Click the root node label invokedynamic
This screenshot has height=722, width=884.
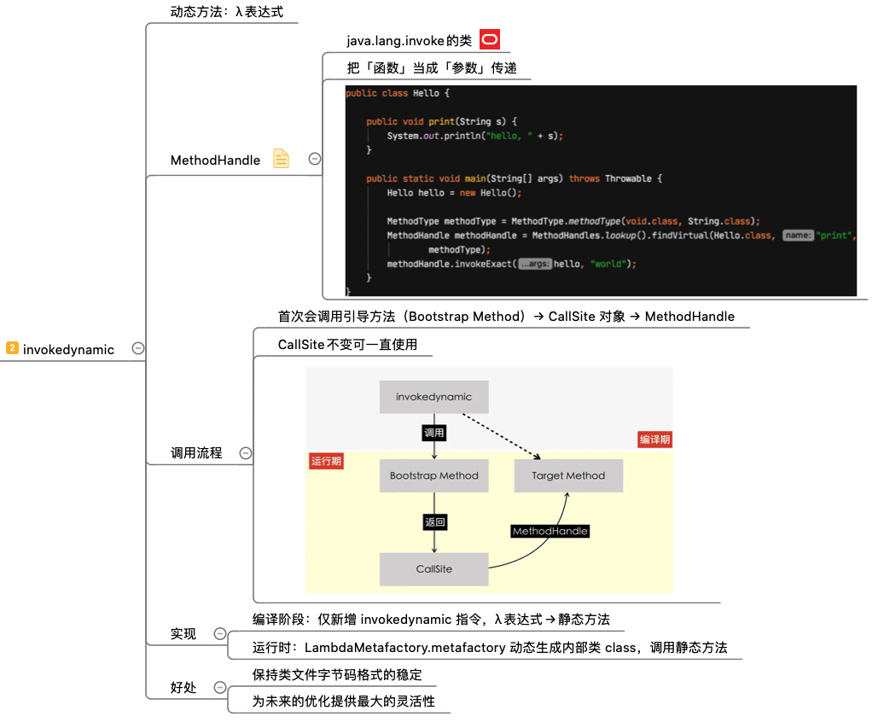click(x=68, y=349)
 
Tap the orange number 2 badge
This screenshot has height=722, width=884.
click(x=12, y=348)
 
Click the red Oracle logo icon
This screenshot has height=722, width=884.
click(x=490, y=39)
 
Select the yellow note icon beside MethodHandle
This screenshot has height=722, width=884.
click(x=281, y=159)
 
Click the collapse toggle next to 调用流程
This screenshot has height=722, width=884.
click(x=246, y=453)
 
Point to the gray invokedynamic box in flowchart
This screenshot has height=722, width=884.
click(x=433, y=397)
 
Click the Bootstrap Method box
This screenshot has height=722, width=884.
click(x=433, y=475)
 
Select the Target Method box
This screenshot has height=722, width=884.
click(x=568, y=475)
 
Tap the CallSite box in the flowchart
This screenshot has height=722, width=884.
click(x=433, y=569)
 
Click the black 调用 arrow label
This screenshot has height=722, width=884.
click(x=434, y=433)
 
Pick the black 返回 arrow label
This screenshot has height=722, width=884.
click(x=434, y=522)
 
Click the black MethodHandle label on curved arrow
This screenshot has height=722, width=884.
click(x=550, y=531)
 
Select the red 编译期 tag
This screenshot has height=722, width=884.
click(x=654, y=440)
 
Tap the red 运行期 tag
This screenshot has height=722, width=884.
click(x=326, y=461)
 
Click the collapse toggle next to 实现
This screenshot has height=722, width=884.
click(x=220, y=633)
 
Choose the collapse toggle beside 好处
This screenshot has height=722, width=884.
click(x=220, y=687)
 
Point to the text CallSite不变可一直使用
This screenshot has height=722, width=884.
click(x=353, y=345)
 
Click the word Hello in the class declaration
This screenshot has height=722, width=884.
click(x=425, y=93)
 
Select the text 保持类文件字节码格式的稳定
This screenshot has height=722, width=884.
click(x=337, y=674)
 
